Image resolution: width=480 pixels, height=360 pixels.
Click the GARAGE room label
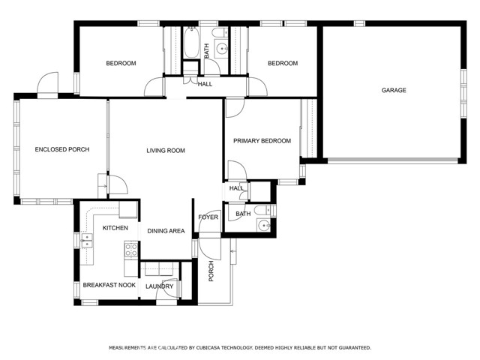click(394, 90)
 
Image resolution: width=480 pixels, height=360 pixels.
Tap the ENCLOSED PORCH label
click(62, 149)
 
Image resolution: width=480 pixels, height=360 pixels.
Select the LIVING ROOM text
click(166, 150)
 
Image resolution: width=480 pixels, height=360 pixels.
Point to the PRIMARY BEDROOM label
click(262, 141)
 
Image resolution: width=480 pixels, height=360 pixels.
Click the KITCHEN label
click(115, 228)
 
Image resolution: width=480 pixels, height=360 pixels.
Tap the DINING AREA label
click(166, 231)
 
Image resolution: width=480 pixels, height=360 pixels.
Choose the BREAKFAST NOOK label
click(109, 285)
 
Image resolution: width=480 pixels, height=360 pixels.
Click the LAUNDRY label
click(160, 286)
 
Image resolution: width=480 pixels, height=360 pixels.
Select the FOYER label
click(208, 217)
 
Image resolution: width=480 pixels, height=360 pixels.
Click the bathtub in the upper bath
click(192, 42)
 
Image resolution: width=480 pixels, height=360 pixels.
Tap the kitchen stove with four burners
click(131, 250)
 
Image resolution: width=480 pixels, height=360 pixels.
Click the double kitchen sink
click(87, 241)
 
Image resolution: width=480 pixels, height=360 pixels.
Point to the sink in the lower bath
click(263, 226)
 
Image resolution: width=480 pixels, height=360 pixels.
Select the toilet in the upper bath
click(220, 32)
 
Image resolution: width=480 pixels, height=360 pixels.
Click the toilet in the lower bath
click(262, 210)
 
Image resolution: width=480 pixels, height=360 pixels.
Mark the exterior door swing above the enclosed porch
click(47, 82)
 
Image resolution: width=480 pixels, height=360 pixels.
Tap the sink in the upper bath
click(221, 48)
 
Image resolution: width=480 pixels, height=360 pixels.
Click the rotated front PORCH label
click(211, 271)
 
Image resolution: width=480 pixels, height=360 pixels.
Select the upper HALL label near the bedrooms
click(205, 84)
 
